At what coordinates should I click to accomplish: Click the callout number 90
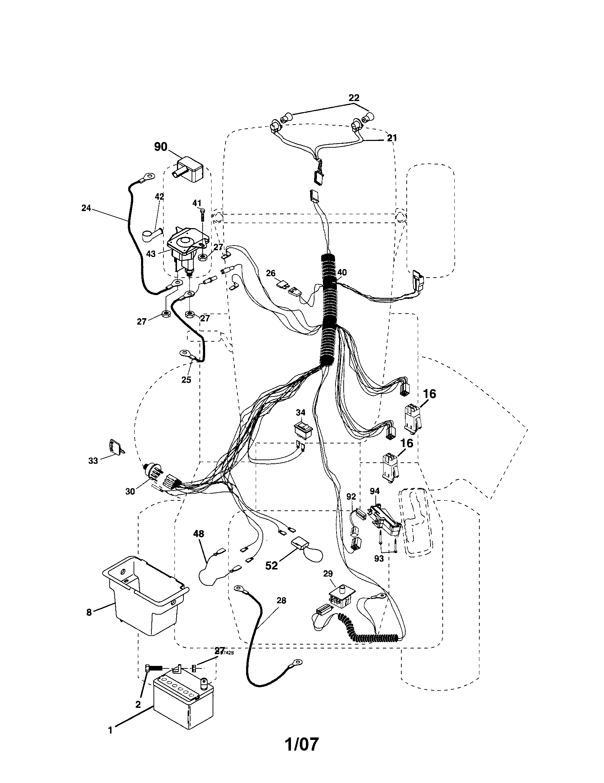[161, 147]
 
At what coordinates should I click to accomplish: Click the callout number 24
[86, 208]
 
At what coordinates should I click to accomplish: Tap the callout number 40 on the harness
[342, 273]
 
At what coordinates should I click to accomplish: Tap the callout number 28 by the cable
[282, 600]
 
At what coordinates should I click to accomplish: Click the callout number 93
[379, 558]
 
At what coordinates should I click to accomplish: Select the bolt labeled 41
[202, 215]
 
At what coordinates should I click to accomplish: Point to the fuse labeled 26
[282, 285]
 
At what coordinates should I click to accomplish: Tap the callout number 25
[186, 380]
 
